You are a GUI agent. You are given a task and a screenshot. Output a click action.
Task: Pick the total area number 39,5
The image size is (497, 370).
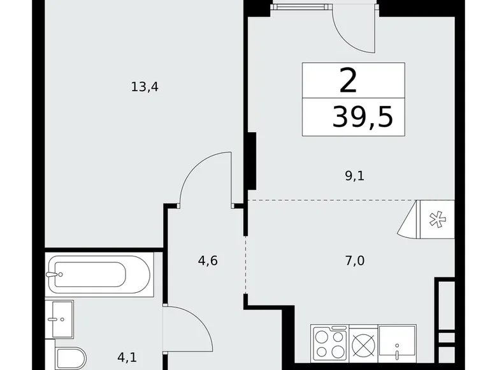point(362,117)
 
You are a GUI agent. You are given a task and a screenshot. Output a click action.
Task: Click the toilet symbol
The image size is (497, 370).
point(66,359)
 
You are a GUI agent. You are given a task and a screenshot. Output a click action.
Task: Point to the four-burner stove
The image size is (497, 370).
point(328,342)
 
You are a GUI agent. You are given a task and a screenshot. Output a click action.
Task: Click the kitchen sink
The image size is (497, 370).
point(397,344)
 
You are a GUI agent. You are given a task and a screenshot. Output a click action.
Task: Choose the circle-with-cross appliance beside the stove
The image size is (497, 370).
point(362,342)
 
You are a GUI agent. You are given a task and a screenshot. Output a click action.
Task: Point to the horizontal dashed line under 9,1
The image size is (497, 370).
point(331,200)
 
